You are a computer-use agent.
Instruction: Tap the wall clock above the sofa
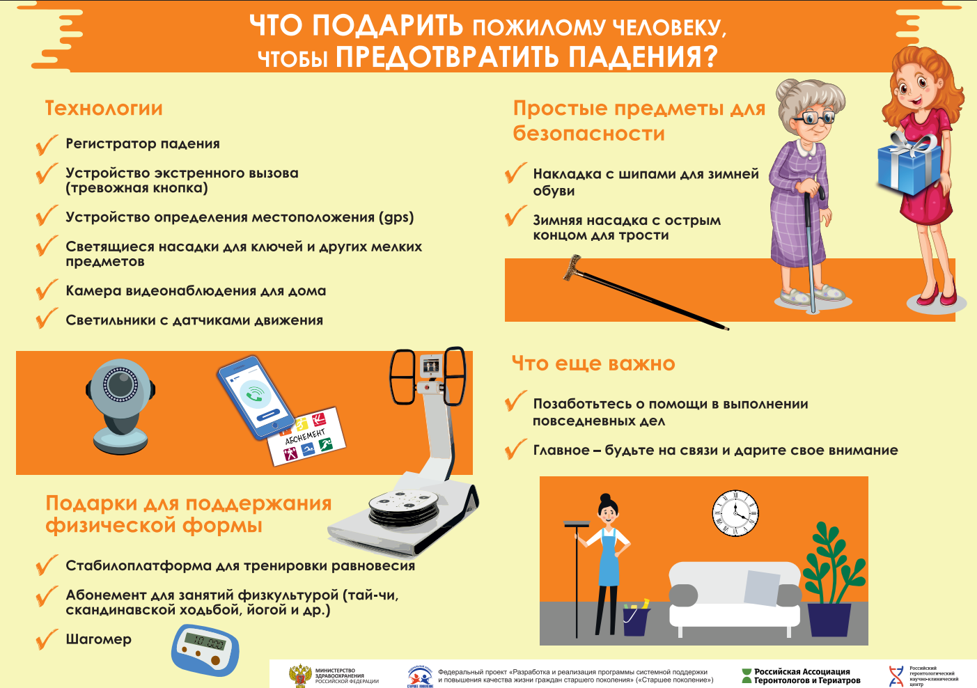[x=735, y=513]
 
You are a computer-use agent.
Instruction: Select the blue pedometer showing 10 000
[x=205, y=650]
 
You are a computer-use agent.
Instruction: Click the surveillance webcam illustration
[x=120, y=407]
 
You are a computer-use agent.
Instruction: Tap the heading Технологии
[x=104, y=108]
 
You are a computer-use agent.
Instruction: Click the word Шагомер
[x=99, y=639]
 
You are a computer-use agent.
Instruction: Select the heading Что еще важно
[x=593, y=363]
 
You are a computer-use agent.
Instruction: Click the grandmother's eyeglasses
[x=813, y=117]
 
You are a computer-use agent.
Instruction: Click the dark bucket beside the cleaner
[x=636, y=620]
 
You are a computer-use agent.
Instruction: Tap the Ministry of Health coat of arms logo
[x=300, y=675]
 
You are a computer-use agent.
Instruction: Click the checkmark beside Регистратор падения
[x=47, y=144]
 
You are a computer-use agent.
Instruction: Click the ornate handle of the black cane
[x=572, y=267]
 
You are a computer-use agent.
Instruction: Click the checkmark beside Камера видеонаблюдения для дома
[x=47, y=290]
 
